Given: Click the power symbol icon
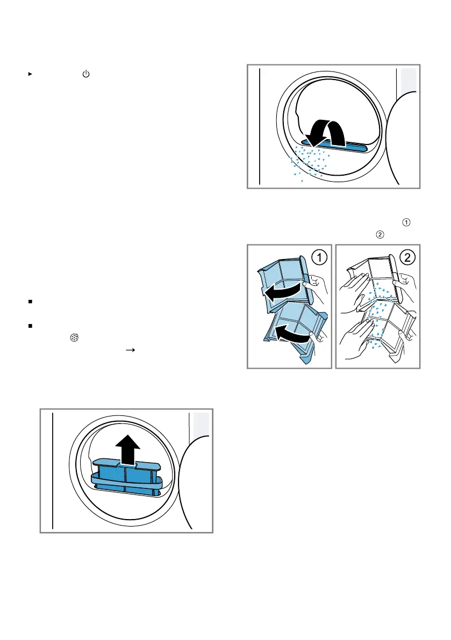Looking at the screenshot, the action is pos(85,74).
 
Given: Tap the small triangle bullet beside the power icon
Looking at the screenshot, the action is pos(30,74).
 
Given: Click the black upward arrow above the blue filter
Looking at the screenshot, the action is pos(128,450).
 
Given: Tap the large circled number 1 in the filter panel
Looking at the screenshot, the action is pos(319,257).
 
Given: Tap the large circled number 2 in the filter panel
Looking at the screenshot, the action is pos(407,257).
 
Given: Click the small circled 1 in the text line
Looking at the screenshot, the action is pos(406,222).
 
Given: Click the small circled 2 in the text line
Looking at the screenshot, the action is pos(380,235).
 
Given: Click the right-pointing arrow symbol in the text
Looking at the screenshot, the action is pos(130,350).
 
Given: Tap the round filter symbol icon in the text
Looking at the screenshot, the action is pos(74,337).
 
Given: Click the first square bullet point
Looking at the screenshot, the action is pos(30,301).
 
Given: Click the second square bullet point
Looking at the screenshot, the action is pos(30,326).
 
